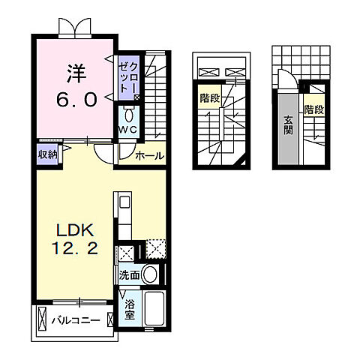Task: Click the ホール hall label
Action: pyautogui.click(x=150, y=156)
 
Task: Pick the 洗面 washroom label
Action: pyautogui.click(x=128, y=275)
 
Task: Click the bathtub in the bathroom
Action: pyautogui.click(x=154, y=309)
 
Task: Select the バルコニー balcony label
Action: pyautogui.click(x=75, y=320)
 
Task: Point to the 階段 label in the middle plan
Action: pyautogui.click(x=209, y=98)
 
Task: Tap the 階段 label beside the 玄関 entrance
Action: pyautogui.click(x=315, y=109)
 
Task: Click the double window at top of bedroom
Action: pyautogui.click(x=76, y=26)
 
